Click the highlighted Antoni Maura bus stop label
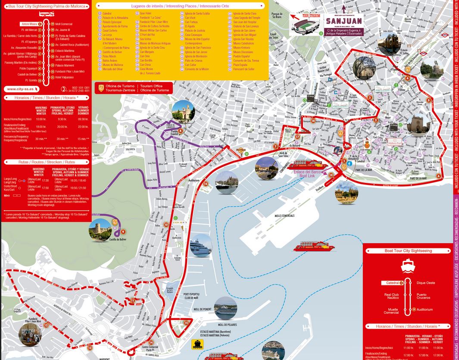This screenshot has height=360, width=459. [29, 24]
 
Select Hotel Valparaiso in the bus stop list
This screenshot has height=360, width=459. [64, 77]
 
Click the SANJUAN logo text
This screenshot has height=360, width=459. [343, 21]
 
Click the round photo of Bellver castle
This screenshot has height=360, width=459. [100, 229]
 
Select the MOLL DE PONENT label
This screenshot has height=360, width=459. [203, 309]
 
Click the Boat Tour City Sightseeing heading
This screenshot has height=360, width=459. [408, 250]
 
